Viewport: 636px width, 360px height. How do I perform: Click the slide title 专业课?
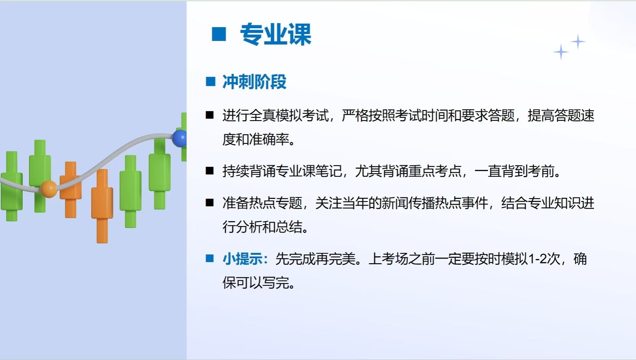click(x=276, y=34)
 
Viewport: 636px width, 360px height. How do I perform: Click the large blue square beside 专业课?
click(x=219, y=34)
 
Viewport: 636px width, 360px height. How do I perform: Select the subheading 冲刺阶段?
click(x=254, y=82)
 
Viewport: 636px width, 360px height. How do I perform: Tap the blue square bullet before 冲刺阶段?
click(x=210, y=81)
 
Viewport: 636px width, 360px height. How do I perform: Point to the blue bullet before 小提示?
click(x=210, y=258)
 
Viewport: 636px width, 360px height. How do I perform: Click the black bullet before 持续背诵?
click(x=210, y=171)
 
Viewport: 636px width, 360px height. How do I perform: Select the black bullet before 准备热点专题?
click(x=210, y=203)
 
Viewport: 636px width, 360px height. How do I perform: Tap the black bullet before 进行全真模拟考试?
click(x=210, y=115)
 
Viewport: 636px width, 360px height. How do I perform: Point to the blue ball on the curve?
click(x=179, y=138)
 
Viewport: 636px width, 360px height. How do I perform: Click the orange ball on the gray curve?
click(x=49, y=189)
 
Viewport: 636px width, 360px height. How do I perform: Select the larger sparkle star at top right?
click(x=561, y=52)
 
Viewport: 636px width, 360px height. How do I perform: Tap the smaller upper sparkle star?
click(x=578, y=41)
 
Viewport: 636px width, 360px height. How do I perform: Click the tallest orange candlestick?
click(x=102, y=206)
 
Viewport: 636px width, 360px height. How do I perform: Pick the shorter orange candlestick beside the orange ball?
click(x=71, y=190)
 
